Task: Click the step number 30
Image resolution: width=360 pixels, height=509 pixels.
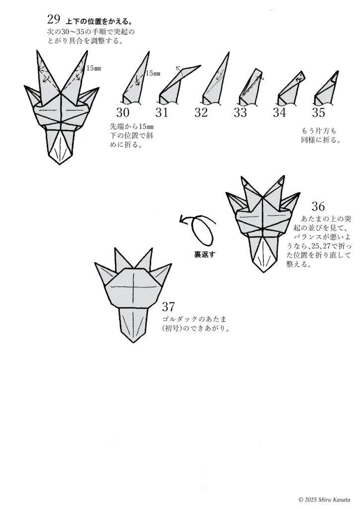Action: coord(123,112)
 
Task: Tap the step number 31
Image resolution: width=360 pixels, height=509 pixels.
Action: coord(162,112)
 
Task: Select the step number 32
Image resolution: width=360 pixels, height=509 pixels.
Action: coord(201,112)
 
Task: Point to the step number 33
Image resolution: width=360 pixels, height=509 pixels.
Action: coord(240,113)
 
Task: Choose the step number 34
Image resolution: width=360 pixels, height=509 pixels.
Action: coord(279,113)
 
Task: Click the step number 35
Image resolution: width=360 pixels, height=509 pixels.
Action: coord(318,113)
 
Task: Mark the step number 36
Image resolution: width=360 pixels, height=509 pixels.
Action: coord(318,206)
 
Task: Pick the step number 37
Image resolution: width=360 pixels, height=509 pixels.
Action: coord(169,306)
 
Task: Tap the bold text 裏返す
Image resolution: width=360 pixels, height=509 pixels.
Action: coord(204,254)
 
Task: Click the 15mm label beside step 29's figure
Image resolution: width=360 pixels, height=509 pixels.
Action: coord(94,68)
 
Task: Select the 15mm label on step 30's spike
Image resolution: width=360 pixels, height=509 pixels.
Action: coord(153,74)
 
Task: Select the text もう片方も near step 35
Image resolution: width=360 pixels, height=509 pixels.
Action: coord(319,131)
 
